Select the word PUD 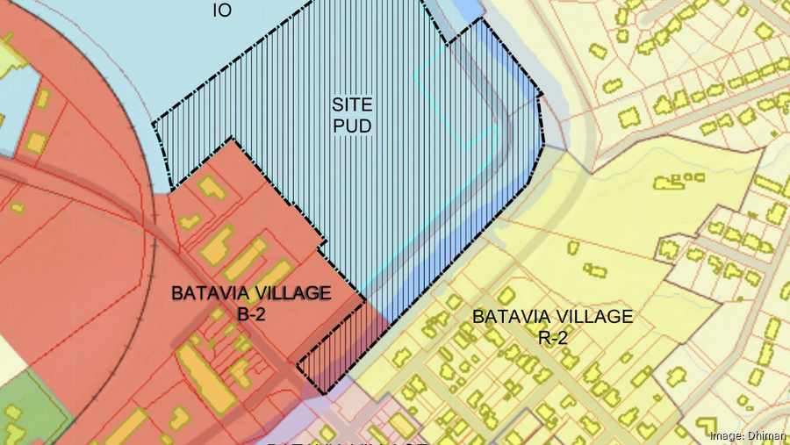pos(352,126)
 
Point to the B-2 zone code pos(251,312)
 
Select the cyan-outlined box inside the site pos(456,97)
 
